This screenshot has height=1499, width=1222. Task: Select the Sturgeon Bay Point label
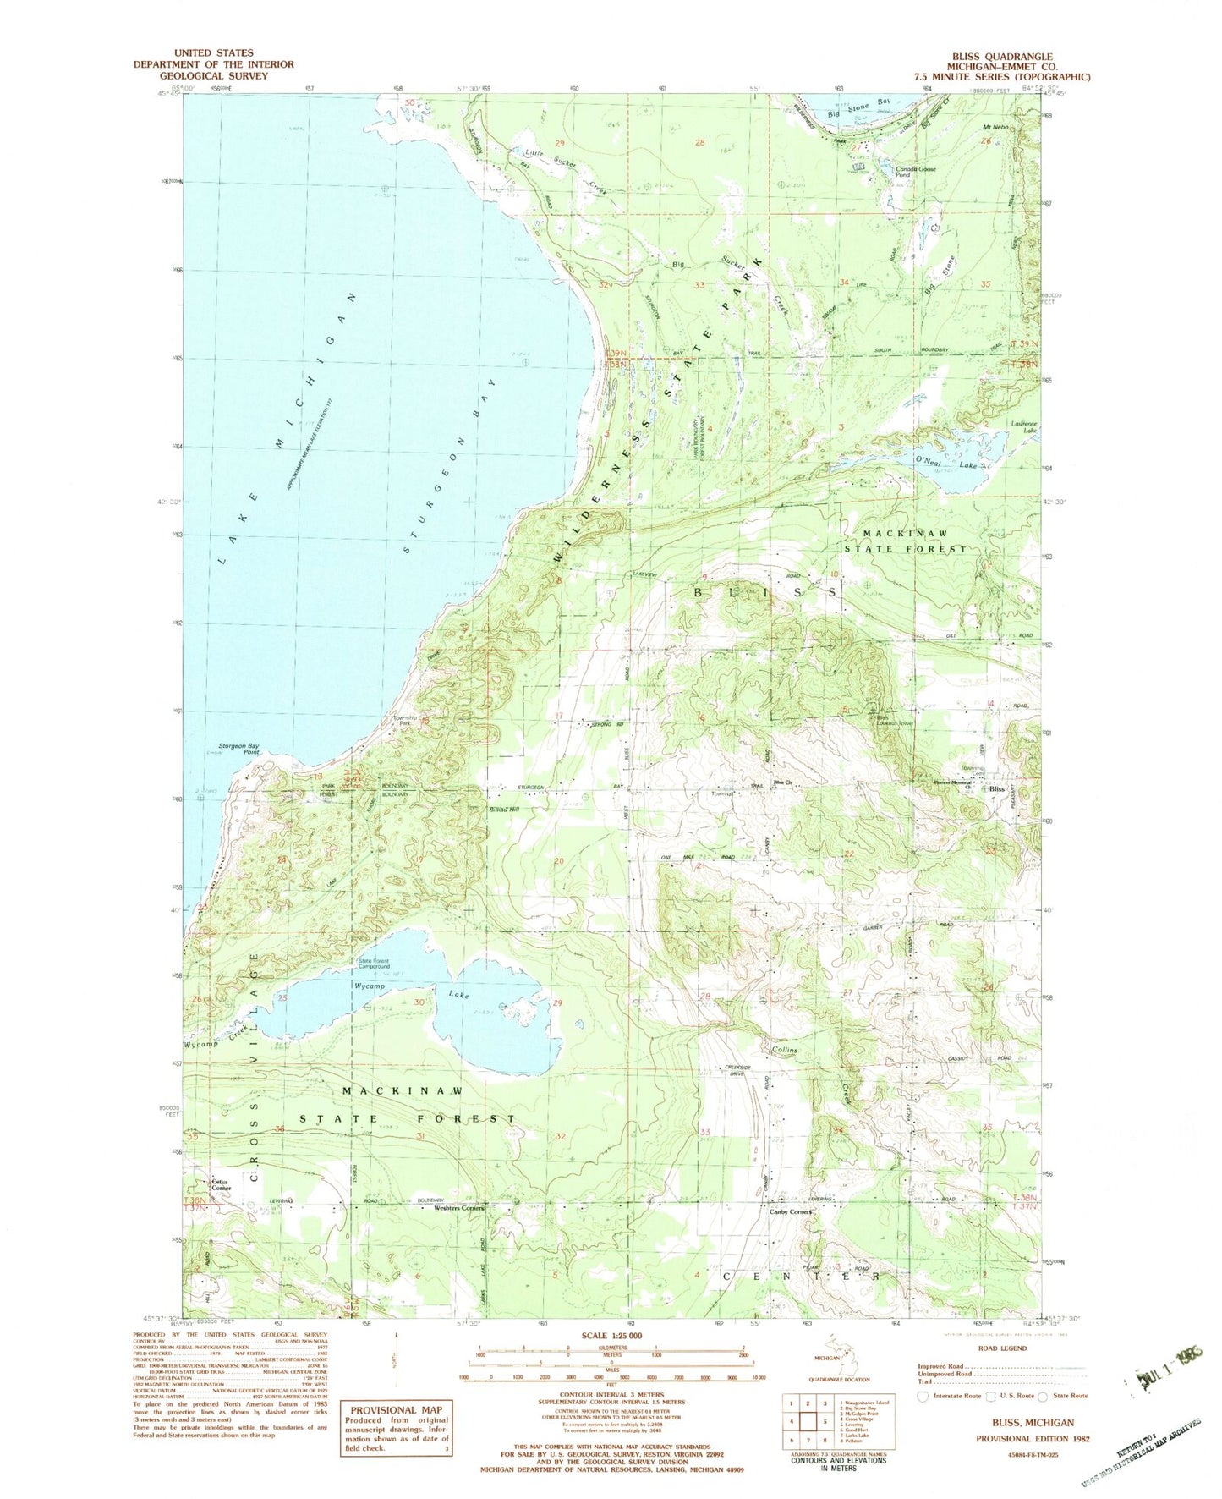point(239,748)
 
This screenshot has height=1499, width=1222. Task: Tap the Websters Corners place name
point(458,1208)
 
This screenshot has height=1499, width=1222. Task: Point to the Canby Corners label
point(790,1211)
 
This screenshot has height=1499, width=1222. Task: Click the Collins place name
point(784,1050)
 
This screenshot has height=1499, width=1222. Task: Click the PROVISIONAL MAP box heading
point(384,1409)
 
